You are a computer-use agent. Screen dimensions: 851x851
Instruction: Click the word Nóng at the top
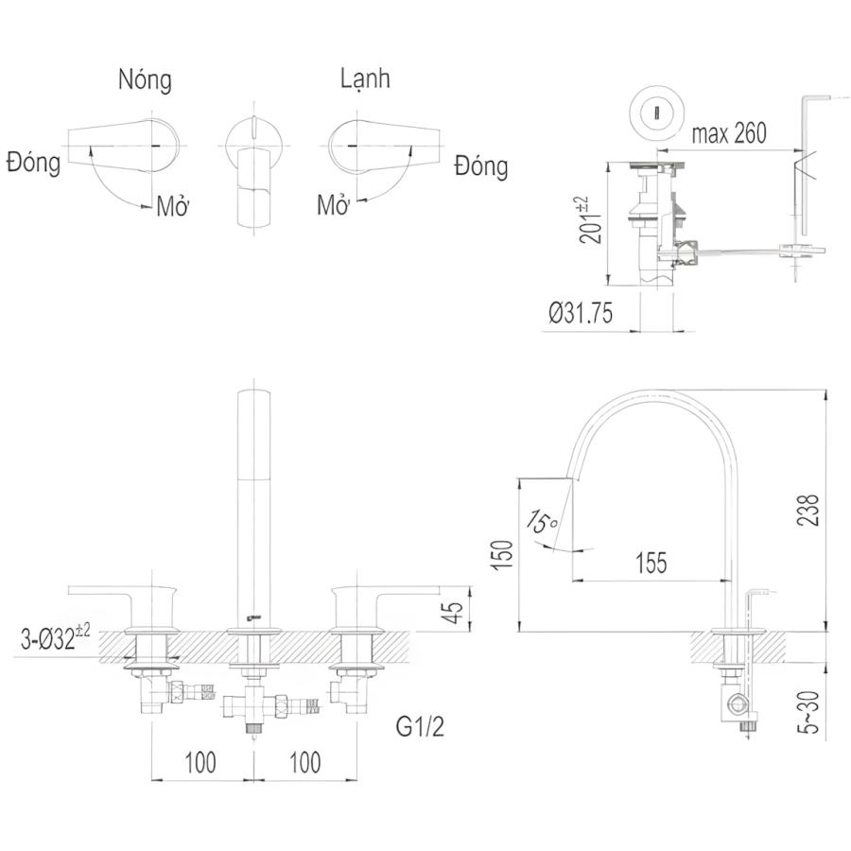pyautogui.click(x=145, y=80)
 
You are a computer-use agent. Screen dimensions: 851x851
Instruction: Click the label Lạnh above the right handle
pyautogui.click(x=365, y=79)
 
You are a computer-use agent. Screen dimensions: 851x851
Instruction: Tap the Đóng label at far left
pyautogui.click(x=33, y=163)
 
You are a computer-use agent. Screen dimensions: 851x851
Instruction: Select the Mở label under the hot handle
pyautogui.click(x=174, y=207)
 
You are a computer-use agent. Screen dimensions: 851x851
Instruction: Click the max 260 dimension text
pyautogui.click(x=728, y=133)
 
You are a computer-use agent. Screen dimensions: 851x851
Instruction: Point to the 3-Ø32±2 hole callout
pyautogui.click(x=55, y=638)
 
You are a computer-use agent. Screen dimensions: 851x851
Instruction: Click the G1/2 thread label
pyautogui.click(x=420, y=729)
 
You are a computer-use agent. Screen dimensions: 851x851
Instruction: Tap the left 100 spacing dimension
pyautogui.click(x=200, y=761)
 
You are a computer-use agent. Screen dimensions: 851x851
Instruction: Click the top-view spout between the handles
pyautogui.click(x=252, y=180)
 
